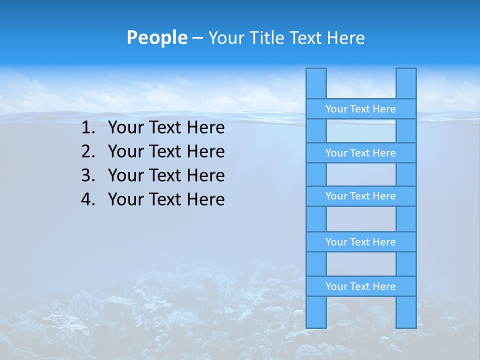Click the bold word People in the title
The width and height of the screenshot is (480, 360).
pyautogui.click(x=156, y=37)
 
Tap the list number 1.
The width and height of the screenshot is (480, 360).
pyautogui.click(x=87, y=128)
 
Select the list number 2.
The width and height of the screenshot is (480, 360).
pyautogui.click(x=87, y=151)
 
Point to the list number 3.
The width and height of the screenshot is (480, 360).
pyautogui.click(x=87, y=175)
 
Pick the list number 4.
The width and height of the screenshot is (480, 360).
pyautogui.click(x=87, y=199)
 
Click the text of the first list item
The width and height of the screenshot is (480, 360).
pyautogui.click(x=166, y=128)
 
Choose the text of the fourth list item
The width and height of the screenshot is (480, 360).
pyautogui.click(x=166, y=199)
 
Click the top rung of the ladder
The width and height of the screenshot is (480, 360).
pyautogui.click(x=360, y=109)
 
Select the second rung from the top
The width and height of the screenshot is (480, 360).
pyautogui.click(x=360, y=153)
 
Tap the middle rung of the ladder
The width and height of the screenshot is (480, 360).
pyautogui.click(x=360, y=196)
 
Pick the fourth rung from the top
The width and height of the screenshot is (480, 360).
pyautogui.click(x=360, y=242)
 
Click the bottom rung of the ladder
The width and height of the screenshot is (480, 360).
pyautogui.click(x=360, y=286)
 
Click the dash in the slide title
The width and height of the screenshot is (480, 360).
pyautogui.click(x=197, y=38)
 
